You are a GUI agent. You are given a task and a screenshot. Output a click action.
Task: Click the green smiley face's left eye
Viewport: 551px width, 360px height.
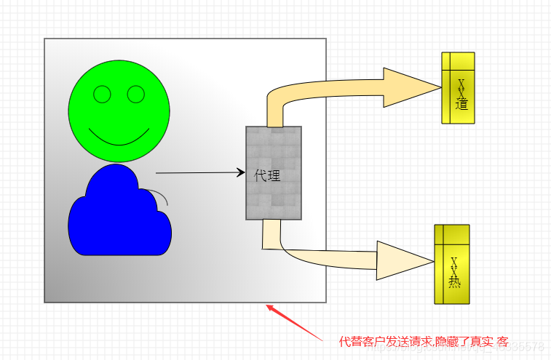pos(102,94)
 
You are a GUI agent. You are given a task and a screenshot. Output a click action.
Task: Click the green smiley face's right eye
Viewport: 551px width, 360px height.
pos(136,94)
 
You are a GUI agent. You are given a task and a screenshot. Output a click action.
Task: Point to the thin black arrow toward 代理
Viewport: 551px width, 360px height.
pos(200,173)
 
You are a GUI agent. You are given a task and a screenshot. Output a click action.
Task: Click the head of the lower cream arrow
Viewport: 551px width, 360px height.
pos(405,260)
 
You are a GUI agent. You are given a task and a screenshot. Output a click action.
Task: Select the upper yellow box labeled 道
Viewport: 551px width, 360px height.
pos(458,87)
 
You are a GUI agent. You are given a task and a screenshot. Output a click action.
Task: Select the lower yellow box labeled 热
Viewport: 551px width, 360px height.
pos(452,263)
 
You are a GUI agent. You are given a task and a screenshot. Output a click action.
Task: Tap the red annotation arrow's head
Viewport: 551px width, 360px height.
pos(271,309)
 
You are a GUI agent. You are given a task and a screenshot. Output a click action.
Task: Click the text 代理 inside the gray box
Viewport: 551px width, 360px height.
pos(267,175)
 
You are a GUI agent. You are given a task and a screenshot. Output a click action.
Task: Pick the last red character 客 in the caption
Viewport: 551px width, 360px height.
pos(502,342)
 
